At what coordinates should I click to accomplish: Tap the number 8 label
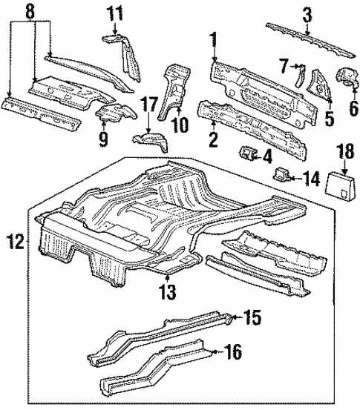pos(28,12)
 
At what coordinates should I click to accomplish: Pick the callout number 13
pos(168,291)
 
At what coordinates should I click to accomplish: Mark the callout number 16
pos(232,352)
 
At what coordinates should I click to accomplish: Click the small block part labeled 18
pos(336,182)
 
